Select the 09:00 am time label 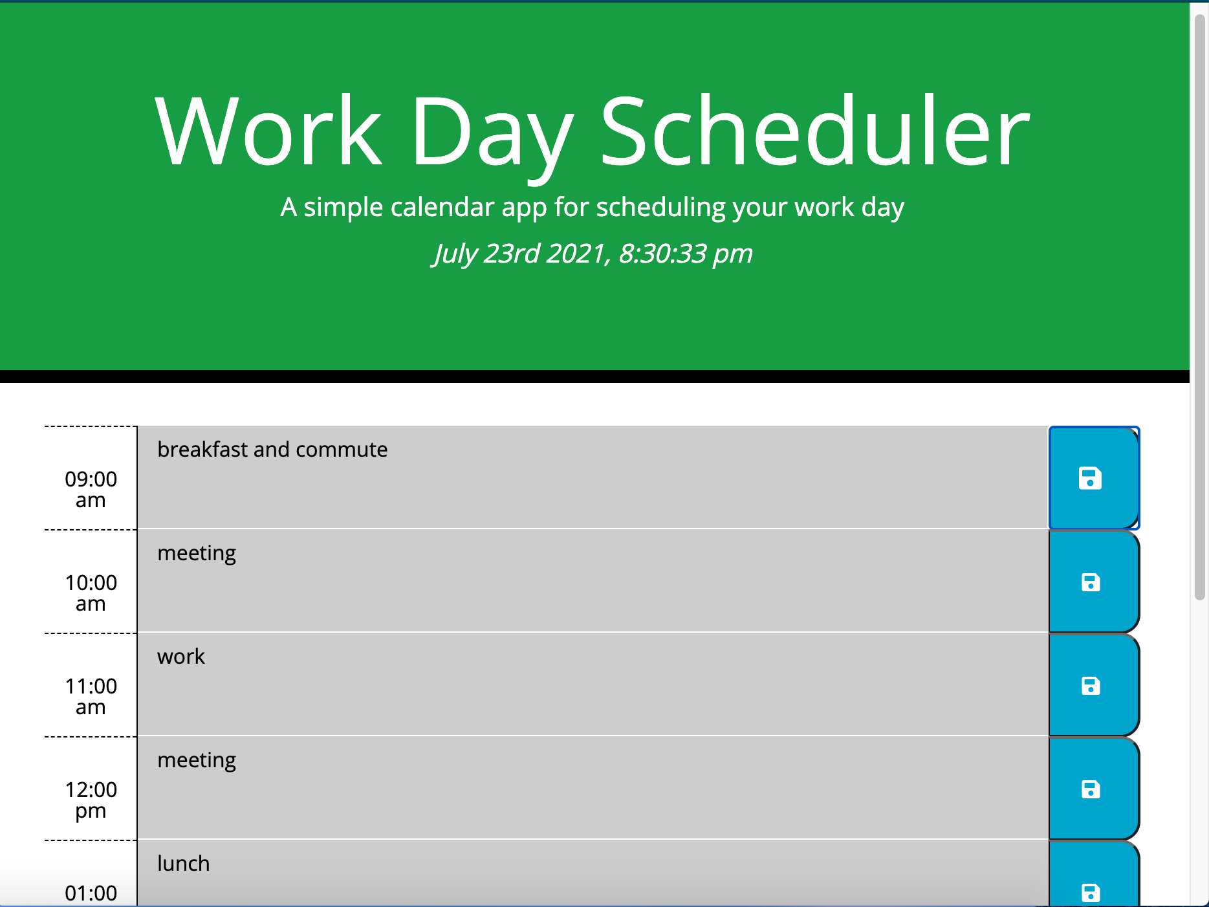91,489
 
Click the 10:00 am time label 91,593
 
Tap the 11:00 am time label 91,696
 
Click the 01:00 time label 91,893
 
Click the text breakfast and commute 272,449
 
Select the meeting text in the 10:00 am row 197,554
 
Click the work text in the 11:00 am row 181,656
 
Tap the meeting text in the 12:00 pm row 197,761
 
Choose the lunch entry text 184,863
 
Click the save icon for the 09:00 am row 1090,479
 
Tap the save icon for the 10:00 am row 1091,582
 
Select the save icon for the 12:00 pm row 1091,789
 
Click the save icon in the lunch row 1091,893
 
